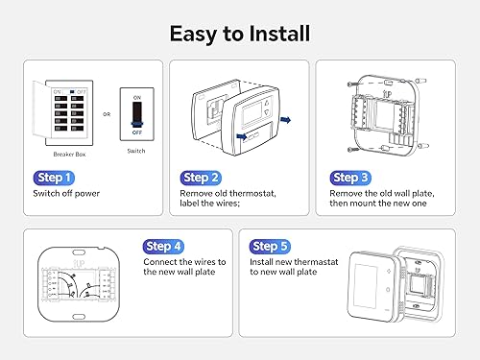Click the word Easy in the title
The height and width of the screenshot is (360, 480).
pos(196,33)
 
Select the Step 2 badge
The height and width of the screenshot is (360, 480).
pos(202,178)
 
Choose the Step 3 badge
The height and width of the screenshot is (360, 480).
pos(350,178)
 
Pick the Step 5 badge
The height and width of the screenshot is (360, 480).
pos(272,247)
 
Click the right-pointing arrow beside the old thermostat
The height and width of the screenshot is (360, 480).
pos(286,122)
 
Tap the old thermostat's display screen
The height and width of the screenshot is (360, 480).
pos(254,108)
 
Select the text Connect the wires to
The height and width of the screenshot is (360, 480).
pos(184,262)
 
